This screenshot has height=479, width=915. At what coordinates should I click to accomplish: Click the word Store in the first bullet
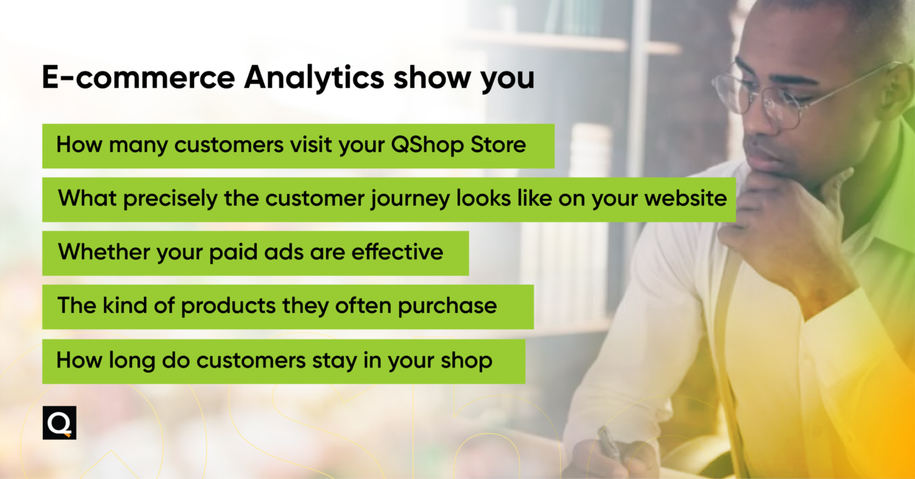pos(498,145)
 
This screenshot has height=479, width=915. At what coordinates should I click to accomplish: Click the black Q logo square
pos(59,423)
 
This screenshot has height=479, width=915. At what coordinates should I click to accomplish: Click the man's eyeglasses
pos(767,96)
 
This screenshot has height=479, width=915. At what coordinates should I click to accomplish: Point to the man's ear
pos(897,89)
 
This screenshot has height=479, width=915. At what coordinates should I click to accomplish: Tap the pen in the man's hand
pos(610,443)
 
